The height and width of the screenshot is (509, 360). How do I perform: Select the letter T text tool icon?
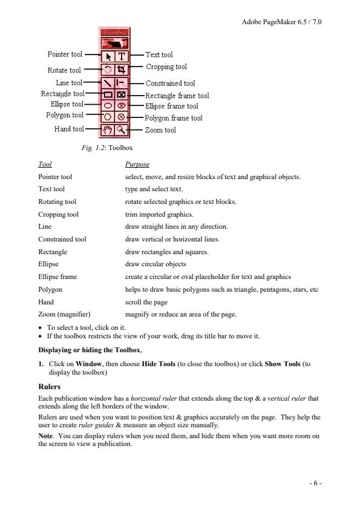coord(120,56)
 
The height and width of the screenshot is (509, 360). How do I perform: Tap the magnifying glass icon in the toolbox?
coord(120,130)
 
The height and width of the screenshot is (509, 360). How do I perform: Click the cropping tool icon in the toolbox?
coord(120,69)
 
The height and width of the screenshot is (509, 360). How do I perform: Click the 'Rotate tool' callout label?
coord(64,71)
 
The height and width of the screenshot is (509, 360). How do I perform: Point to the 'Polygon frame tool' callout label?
coord(174,119)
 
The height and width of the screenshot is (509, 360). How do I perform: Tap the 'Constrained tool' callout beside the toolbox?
coord(170,84)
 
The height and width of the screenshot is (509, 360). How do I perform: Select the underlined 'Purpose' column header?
coord(137,165)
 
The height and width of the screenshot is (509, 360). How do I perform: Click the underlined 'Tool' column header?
coord(45,165)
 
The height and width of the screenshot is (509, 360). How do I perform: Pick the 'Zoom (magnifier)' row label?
coord(64,314)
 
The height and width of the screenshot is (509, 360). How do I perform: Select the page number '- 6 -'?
coord(315,482)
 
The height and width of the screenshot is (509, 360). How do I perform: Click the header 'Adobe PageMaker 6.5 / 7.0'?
coord(281,21)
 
